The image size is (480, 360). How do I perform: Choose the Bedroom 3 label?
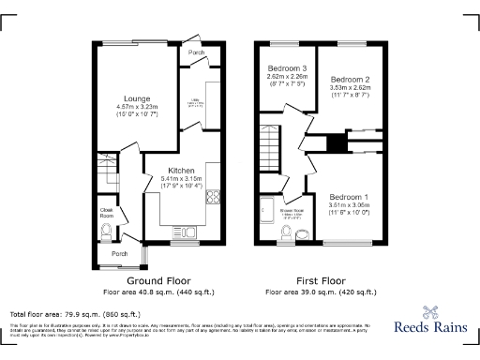[x=288, y=68]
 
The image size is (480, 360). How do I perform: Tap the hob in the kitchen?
[x=212, y=198]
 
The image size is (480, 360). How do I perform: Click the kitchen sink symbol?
[x=182, y=230]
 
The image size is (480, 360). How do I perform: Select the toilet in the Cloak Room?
[x=106, y=232]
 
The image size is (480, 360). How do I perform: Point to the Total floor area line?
[x=75, y=313]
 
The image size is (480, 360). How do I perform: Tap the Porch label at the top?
[x=196, y=52]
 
